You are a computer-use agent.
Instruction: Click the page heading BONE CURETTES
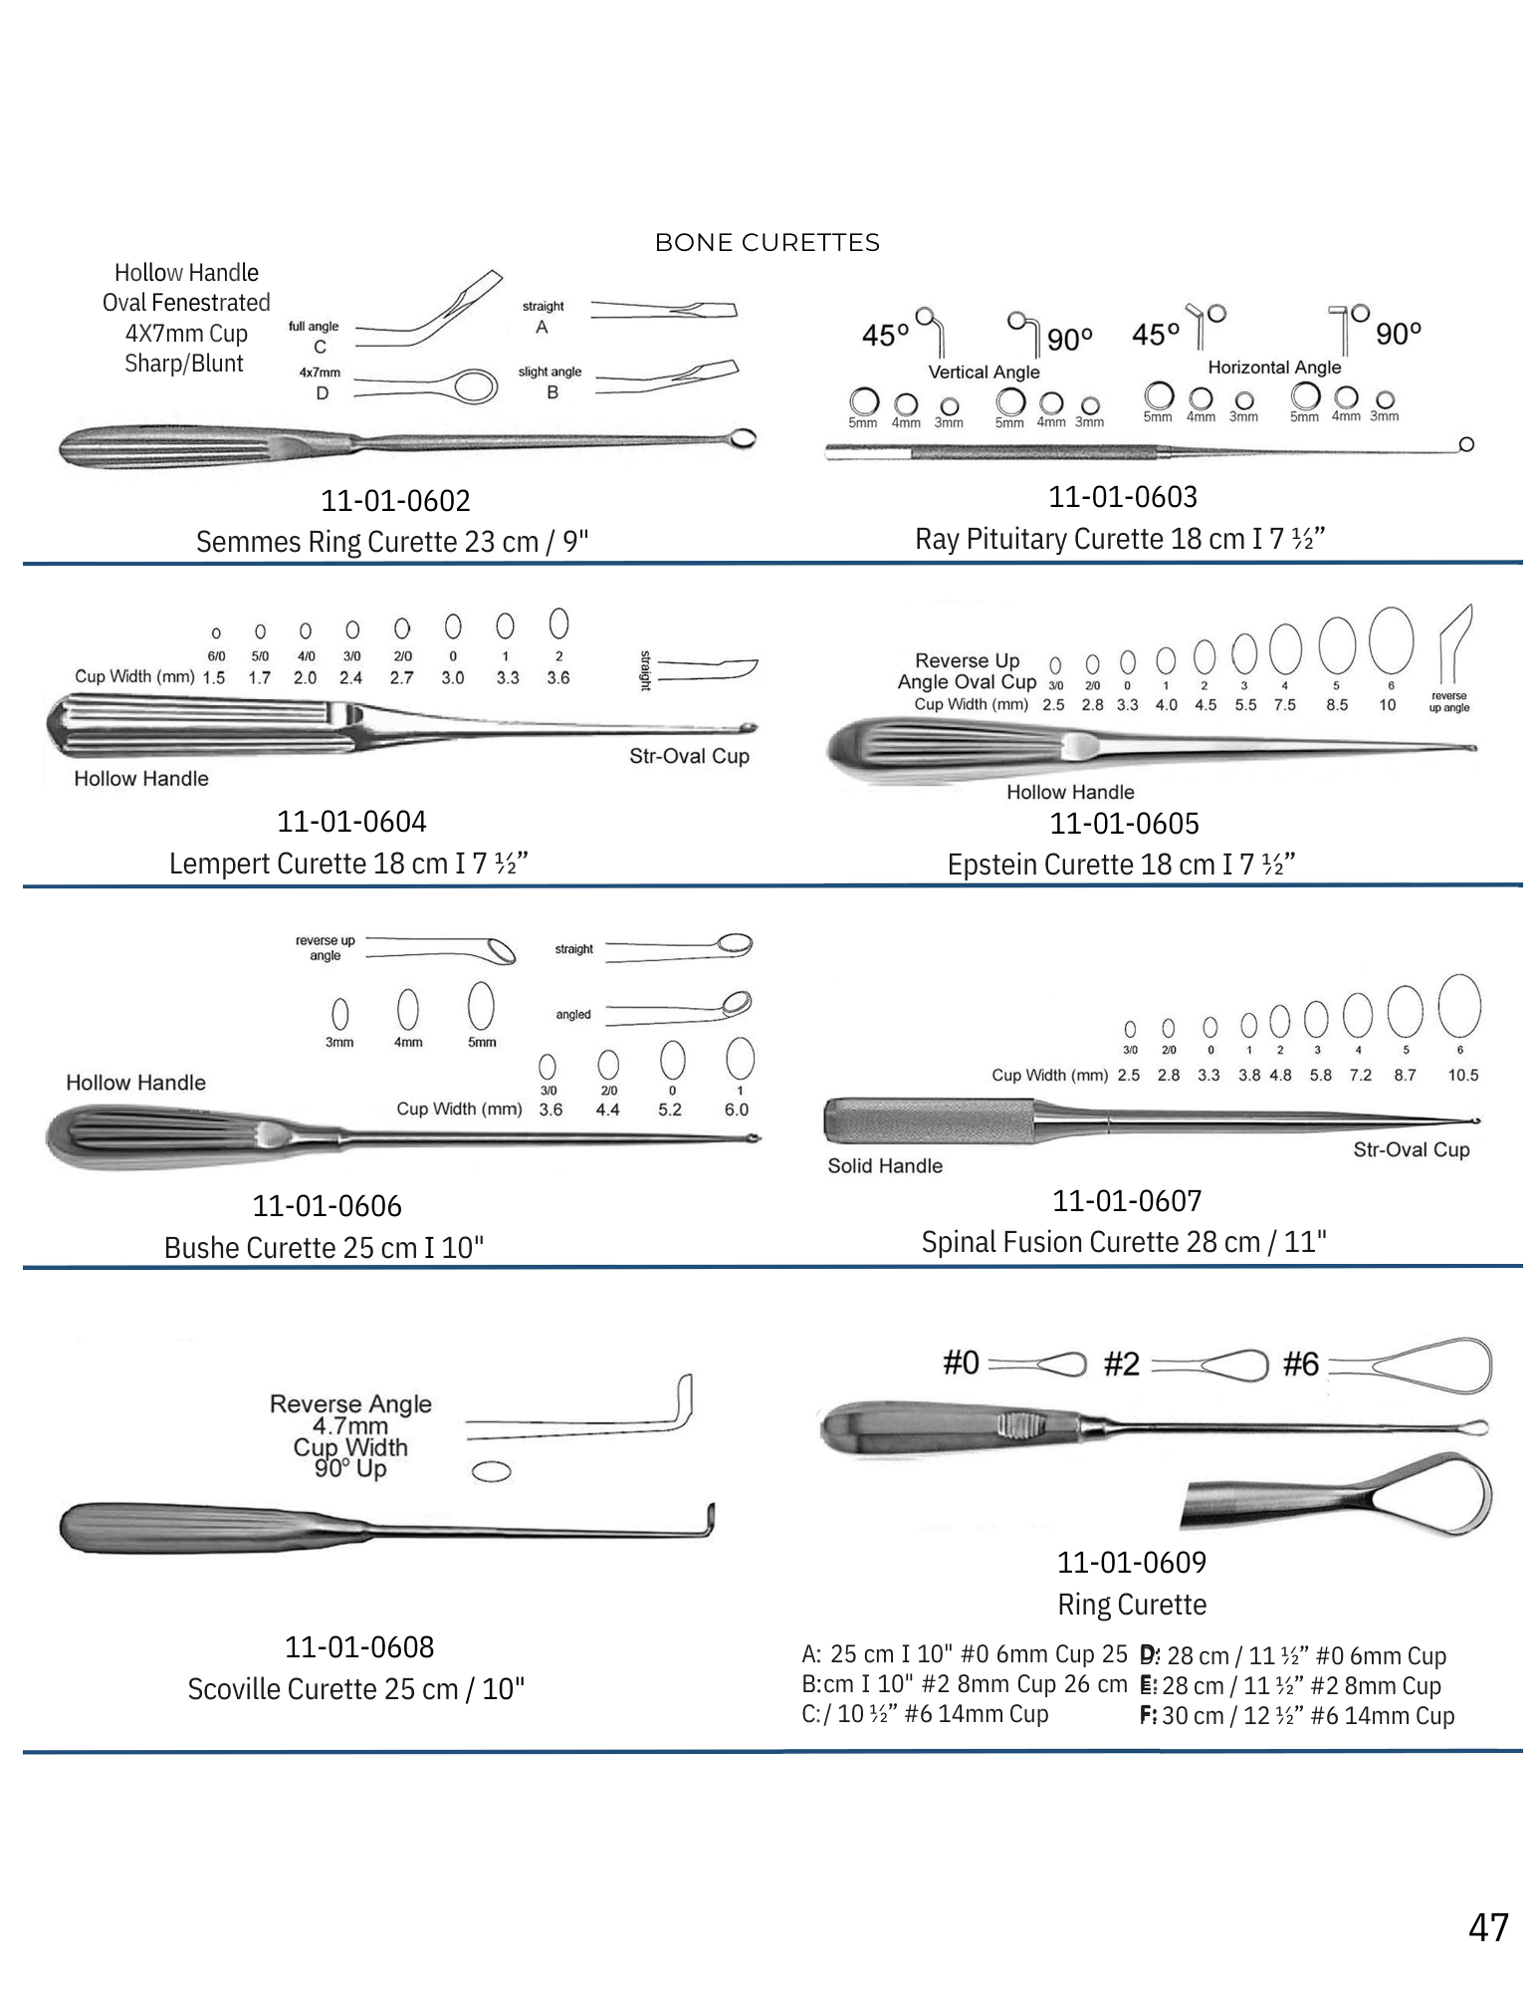[767, 243]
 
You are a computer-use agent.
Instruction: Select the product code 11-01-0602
[395, 500]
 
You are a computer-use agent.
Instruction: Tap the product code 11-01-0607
[1127, 1201]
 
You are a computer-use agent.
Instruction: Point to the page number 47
[1487, 1927]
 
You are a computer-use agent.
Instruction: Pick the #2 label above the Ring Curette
[1121, 1364]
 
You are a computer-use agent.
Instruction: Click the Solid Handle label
[885, 1165]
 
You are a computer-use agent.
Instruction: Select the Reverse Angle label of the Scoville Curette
[350, 1403]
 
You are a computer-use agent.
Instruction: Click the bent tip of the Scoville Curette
[710, 1520]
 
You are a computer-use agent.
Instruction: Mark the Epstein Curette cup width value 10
[1388, 705]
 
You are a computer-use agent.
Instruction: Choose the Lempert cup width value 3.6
[558, 678]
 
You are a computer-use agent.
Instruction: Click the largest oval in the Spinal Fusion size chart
[1459, 1006]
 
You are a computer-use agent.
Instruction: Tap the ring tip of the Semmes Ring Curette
[743, 437]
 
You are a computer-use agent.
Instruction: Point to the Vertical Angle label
[984, 372]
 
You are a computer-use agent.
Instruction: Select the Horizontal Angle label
[1274, 368]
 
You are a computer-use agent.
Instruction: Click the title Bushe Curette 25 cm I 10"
[324, 1248]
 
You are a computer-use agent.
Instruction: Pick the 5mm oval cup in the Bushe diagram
[481, 1006]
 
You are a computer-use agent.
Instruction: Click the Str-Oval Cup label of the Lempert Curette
[689, 756]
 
